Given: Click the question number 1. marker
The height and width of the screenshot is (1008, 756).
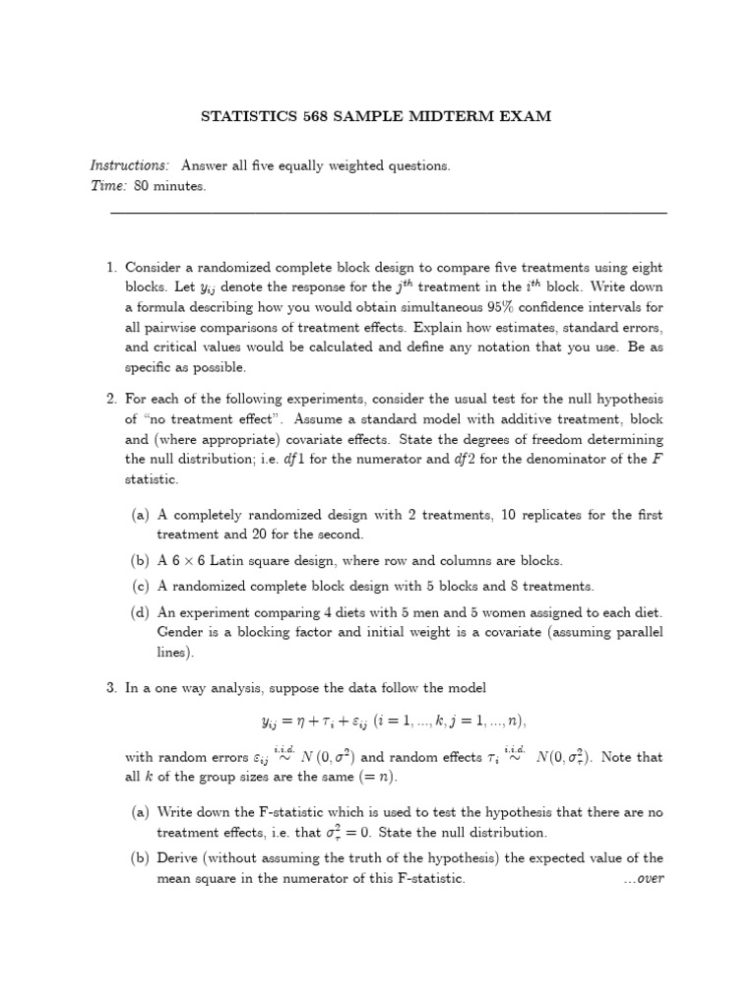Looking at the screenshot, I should pos(111,268).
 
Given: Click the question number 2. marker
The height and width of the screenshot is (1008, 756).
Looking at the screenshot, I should pos(111,399).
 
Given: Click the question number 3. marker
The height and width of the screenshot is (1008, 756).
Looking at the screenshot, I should pos(111,687).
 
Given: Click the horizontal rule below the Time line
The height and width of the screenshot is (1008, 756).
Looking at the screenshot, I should pos(388,213).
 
